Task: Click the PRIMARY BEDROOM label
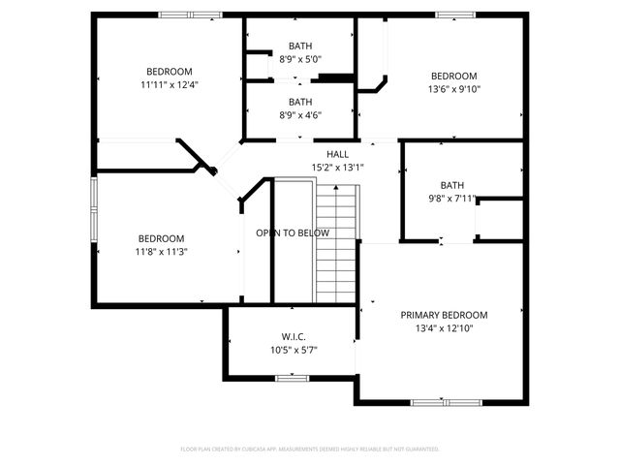[444, 315]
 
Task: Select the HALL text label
[337, 154]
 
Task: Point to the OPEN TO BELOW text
[293, 233]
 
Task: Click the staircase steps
[336, 242]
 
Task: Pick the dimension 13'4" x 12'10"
[444, 328]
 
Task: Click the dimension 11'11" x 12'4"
[170, 84]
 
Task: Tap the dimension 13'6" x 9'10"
[453, 89]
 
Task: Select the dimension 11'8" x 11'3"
[161, 252]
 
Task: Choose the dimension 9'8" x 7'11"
[451, 199]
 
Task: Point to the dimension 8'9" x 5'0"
[300, 59]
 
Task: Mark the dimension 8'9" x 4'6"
[300, 114]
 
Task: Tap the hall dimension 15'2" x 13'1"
[337, 167]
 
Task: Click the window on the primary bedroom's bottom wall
[445, 401]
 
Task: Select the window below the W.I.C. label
[291, 378]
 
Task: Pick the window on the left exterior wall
[94, 208]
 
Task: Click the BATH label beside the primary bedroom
[451, 185]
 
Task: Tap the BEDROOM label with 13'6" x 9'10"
[453, 77]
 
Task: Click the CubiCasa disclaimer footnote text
[310, 449]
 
